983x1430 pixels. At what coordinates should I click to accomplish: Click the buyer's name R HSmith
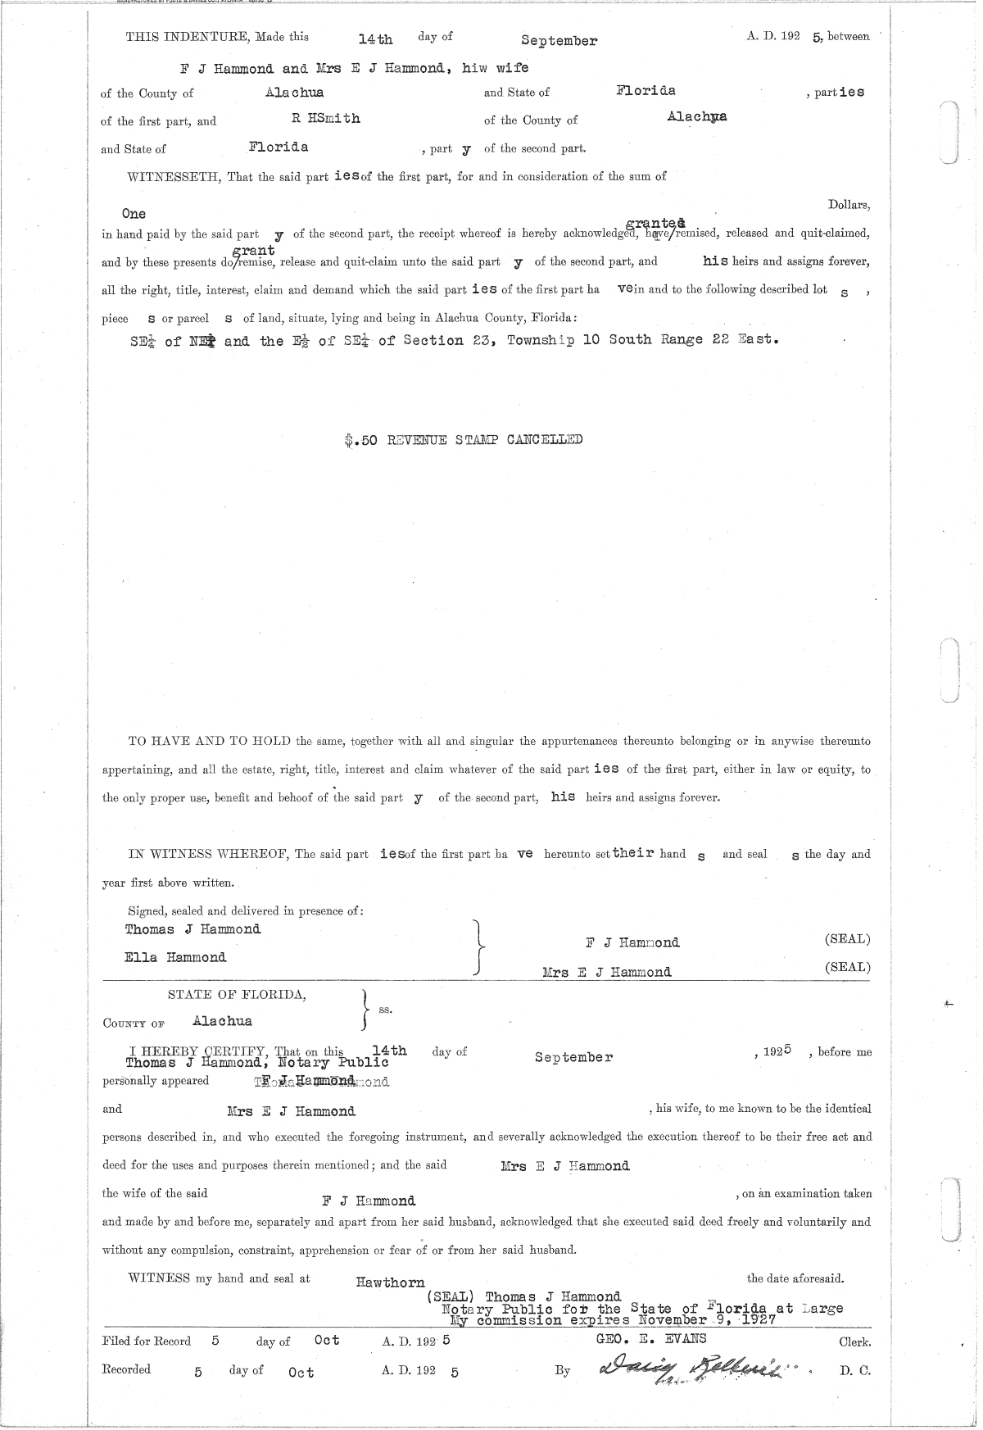[x=326, y=119]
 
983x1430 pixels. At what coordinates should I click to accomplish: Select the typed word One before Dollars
[x=134, y=214]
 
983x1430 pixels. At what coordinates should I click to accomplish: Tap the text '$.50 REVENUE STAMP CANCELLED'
[x=464, y=440]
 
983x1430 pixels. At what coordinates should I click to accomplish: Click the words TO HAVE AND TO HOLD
[x=210, y=742]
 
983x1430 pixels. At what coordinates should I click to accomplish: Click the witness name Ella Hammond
[x=175, y=957]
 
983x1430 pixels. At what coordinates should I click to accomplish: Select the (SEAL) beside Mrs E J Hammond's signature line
[x=847, y=967]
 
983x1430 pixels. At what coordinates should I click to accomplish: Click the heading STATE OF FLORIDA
[x=238, y=995]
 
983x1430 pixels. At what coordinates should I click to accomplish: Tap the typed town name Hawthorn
[x=390, y=1282]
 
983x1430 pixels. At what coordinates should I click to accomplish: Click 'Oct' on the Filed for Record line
[x=327, y=1341]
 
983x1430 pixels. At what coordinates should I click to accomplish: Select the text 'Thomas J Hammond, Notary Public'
[x=256, y=1063]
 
